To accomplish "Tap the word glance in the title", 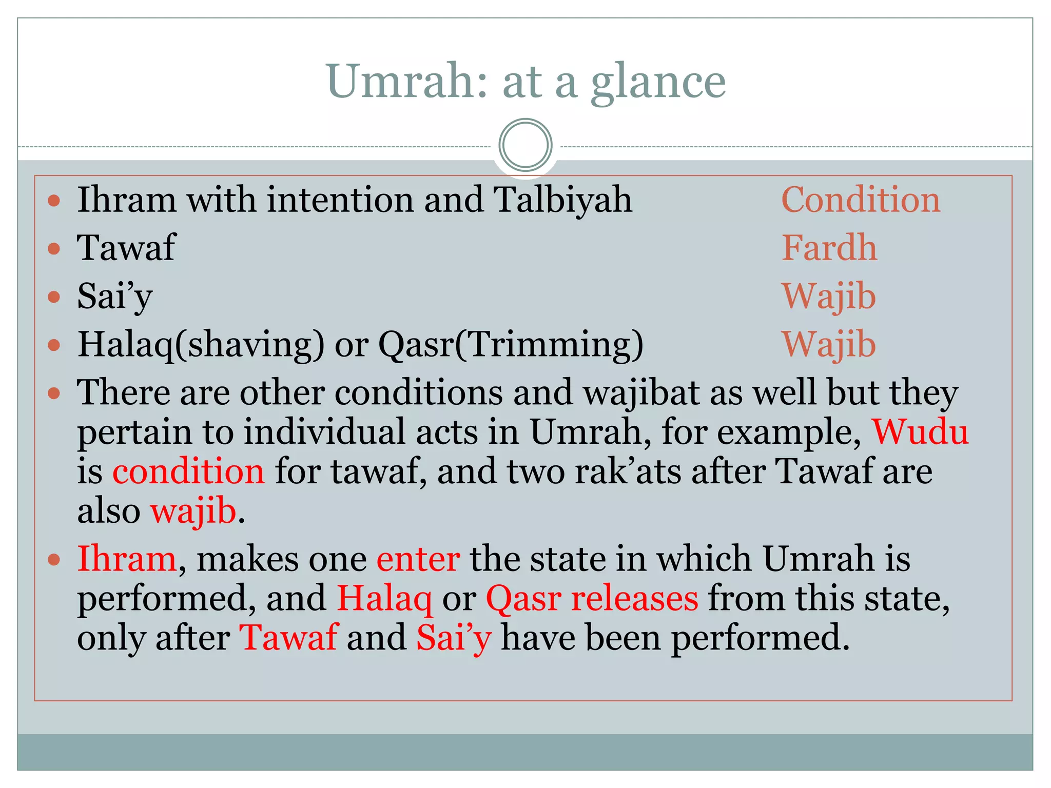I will coord(658,82).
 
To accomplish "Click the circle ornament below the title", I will coord(525,145).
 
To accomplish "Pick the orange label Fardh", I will coord(829,247).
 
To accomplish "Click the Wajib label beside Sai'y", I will coord(829,296).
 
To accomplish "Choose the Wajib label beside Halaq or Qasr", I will coord(829,344).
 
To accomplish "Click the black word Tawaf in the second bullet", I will coord(126,247).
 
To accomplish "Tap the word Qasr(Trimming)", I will coord(511,344).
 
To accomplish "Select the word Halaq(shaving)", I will coord(201,344).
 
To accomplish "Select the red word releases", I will coord(634,598).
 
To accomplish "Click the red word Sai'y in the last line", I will coord(454,638).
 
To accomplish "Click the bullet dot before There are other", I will coord(54,393).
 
